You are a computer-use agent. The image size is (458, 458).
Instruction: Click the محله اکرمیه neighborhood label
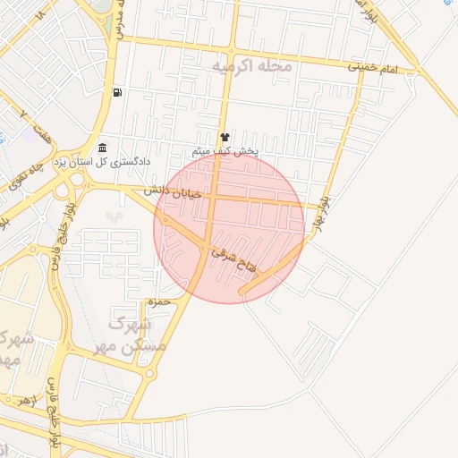point(250,67)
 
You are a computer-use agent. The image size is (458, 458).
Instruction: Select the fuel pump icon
point(117,92)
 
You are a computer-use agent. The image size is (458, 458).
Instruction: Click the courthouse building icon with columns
point(103,148)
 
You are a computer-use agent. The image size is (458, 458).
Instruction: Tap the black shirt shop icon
point(224,137)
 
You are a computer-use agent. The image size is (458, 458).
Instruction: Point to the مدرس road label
point(118,20)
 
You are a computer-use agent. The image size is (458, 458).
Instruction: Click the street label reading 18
point(38,15)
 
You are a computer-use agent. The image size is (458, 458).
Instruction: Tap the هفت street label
point(39,132)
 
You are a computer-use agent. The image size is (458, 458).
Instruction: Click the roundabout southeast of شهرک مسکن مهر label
point(149,374)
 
